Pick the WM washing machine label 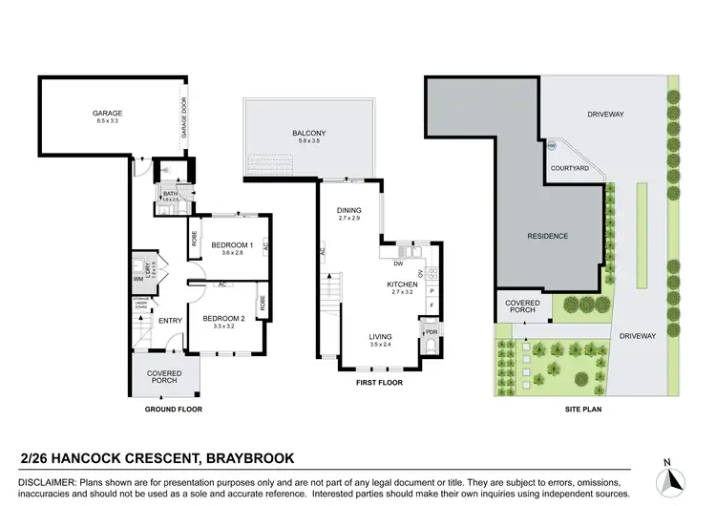coord(137,278)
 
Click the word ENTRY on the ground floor coord(170,321)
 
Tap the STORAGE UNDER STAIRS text coord(141,304)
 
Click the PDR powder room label coord(431,333)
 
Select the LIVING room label coord(383,336)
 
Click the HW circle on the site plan coord(553,146)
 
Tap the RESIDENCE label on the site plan coord(548,236)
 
